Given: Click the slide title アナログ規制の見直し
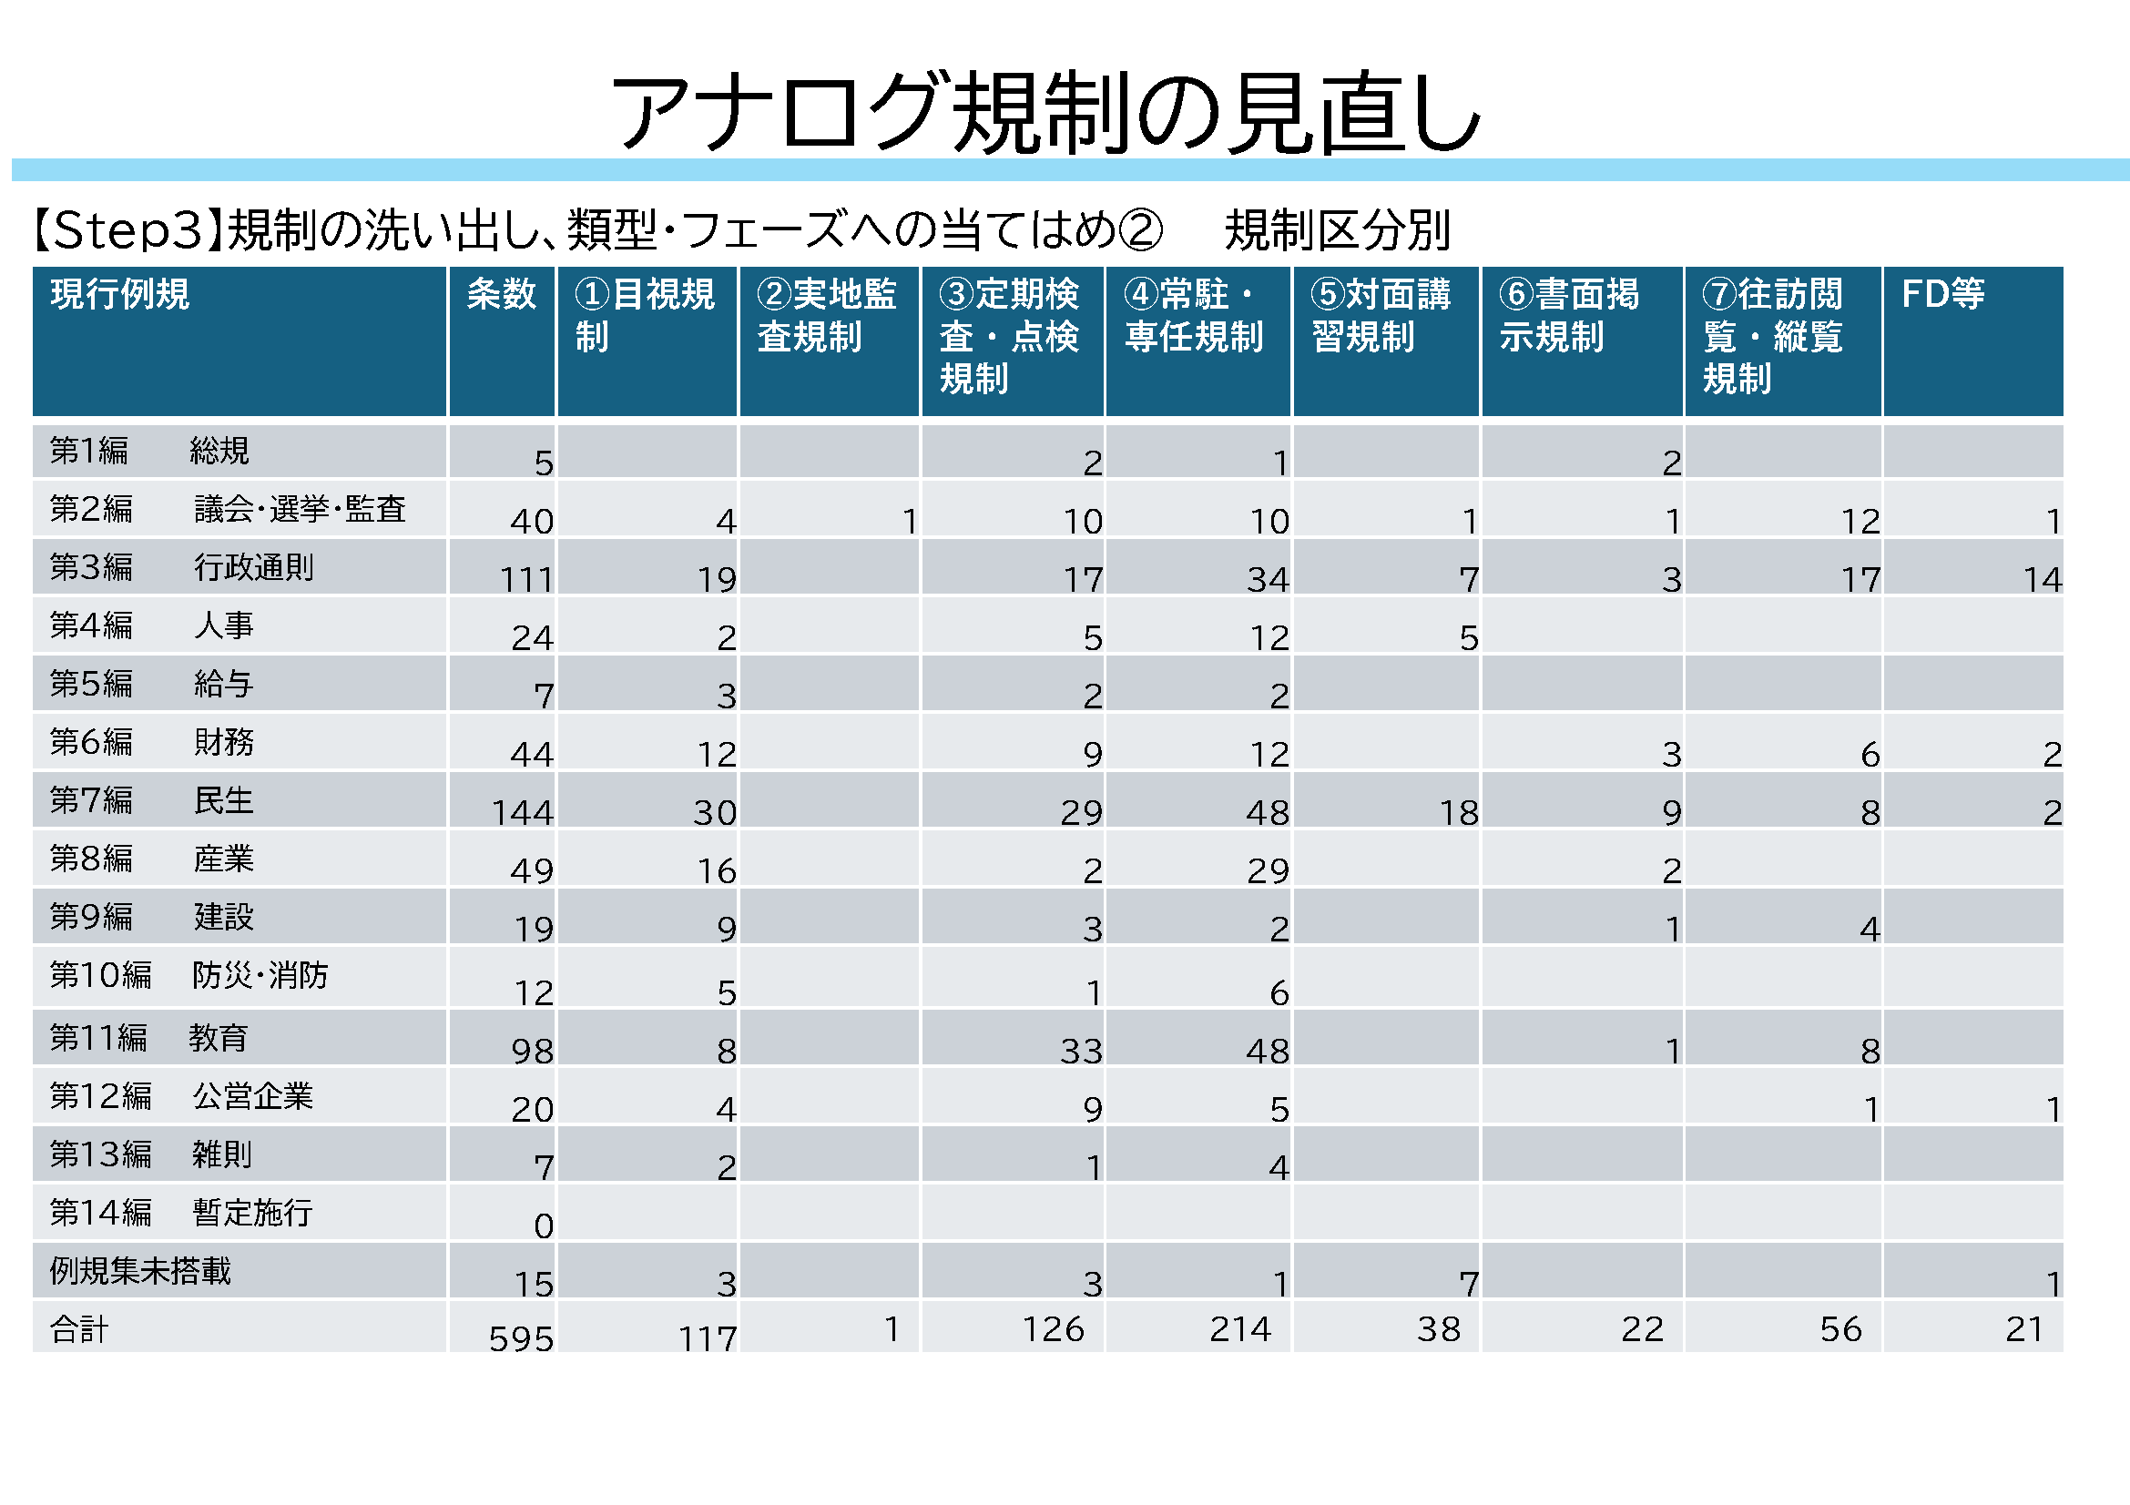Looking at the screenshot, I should point(1045,112).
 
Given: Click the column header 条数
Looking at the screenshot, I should point(501,294).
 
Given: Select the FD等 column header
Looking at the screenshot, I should point(1942,294).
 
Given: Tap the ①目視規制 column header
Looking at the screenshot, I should point(645,315).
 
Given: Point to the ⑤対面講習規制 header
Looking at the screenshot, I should point(1381,315).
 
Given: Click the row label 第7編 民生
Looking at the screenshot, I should point(151,800).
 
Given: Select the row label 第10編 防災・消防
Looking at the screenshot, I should point(189,975).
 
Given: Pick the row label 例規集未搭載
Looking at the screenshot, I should point(140,1271).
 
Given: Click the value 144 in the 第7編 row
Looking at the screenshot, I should point(523,813).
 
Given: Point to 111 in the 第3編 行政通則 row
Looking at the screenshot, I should point(527,581).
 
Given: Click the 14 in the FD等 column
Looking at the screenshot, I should point(2042,581).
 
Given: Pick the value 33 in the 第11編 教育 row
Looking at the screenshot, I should point(1081,1052).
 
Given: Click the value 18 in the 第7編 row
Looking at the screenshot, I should point(1458,813).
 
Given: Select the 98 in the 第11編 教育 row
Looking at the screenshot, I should point(533,1052).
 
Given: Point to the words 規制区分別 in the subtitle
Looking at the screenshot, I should point(1337,230).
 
